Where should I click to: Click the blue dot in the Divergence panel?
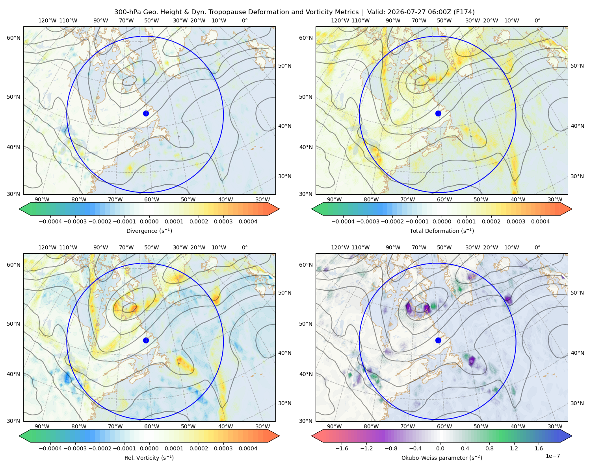coord(146,114)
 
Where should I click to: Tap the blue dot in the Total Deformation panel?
coord(438,114)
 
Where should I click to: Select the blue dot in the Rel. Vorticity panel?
coord(146,340)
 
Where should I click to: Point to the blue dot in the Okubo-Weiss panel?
coord(438,340)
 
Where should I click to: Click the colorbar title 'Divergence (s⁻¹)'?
coord(149,230)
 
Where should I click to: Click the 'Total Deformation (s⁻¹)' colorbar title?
coord(442,230)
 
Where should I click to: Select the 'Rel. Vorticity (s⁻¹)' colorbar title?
coord(149,458)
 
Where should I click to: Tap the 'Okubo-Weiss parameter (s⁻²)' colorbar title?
coord(442,458)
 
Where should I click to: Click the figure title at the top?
coord(294,12)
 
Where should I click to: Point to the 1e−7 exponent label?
coord(552,456)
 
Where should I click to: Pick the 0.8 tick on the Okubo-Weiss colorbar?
coord(489,448)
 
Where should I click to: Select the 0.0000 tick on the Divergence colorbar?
coord(149,221)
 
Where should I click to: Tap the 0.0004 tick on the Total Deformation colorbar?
coord(540,221)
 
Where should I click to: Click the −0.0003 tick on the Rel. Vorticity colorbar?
coord(75,448)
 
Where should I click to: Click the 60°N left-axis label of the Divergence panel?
coord(13,38)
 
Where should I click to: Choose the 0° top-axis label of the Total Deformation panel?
coord(537,20)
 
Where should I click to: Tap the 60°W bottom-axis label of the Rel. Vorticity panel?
coord(152,426)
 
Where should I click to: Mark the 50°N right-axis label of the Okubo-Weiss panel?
coord(577,293)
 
